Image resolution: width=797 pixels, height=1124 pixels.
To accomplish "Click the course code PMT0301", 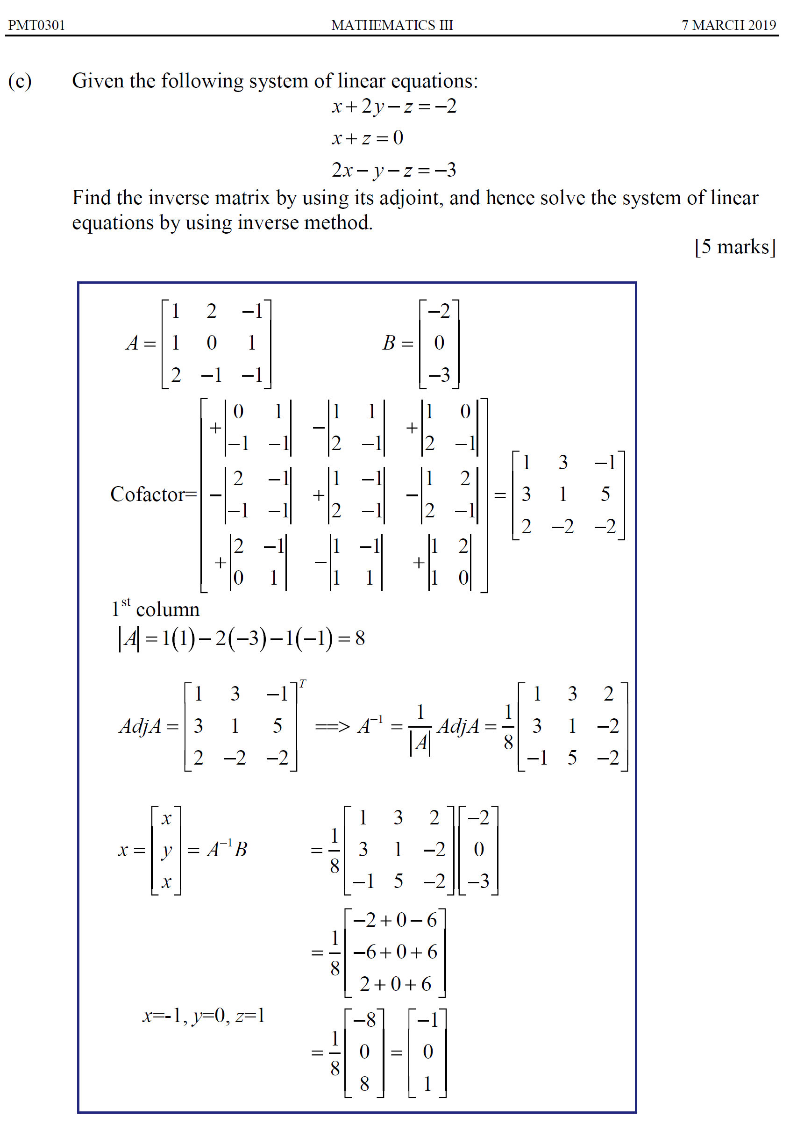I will point(37,25).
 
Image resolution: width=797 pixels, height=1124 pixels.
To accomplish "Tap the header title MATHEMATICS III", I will point(391,25).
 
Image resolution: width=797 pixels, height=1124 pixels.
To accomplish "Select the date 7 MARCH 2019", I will point(728,25).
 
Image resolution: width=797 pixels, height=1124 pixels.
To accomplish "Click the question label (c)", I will point(20,81).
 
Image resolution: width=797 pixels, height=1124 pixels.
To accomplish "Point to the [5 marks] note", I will point(735,247).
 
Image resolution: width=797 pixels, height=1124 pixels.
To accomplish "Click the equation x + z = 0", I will point(368,138).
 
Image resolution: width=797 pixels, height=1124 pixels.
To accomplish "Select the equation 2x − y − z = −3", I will point(393,170).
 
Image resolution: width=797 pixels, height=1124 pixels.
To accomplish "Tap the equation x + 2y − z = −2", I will point(393,107).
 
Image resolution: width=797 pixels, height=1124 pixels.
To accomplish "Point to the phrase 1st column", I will point(156,609).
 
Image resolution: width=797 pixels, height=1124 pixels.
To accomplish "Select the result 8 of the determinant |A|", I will point(360,638).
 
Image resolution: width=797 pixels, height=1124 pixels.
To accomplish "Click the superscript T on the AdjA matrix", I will point(303,683).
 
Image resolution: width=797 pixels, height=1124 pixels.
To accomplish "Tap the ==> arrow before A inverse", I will point(332,726).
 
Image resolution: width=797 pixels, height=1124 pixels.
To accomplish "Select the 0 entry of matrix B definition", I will point(439,343).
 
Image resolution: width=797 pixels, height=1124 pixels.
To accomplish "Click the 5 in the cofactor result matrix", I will point(605,494).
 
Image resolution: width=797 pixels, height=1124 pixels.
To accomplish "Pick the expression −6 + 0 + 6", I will point(395,952).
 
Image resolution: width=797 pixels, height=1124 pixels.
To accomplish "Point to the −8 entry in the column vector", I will point(364,1020).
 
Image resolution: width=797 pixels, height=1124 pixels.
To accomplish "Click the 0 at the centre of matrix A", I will point(212,343).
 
